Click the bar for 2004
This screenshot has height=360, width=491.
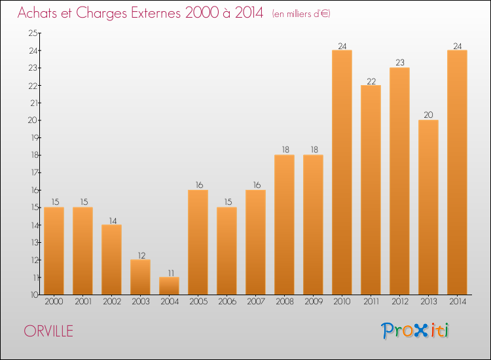(x=169, y=286)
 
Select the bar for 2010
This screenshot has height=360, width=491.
(x=342, y=173)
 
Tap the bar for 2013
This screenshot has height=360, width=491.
(x=428, y=207)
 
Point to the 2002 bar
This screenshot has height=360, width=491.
(x=111, y=260)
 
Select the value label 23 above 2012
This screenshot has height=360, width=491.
(x=399, y=63)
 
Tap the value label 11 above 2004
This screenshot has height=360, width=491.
(x=169, y=272)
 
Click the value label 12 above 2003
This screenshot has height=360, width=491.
(x=140, y=255)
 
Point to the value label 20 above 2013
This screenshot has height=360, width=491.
(x=428, y=115)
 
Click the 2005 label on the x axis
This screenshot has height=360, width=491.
(x=198, y=302)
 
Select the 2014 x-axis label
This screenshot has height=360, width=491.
(x=457, y=302)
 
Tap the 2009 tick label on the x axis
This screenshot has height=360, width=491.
(x=313, y=302)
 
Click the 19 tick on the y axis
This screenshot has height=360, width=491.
(x=33, y=137)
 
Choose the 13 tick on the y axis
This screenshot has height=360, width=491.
(x=33, y=242)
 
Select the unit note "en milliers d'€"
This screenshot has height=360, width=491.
(x=302, y=14)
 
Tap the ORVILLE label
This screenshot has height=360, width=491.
(x=48, y=331)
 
